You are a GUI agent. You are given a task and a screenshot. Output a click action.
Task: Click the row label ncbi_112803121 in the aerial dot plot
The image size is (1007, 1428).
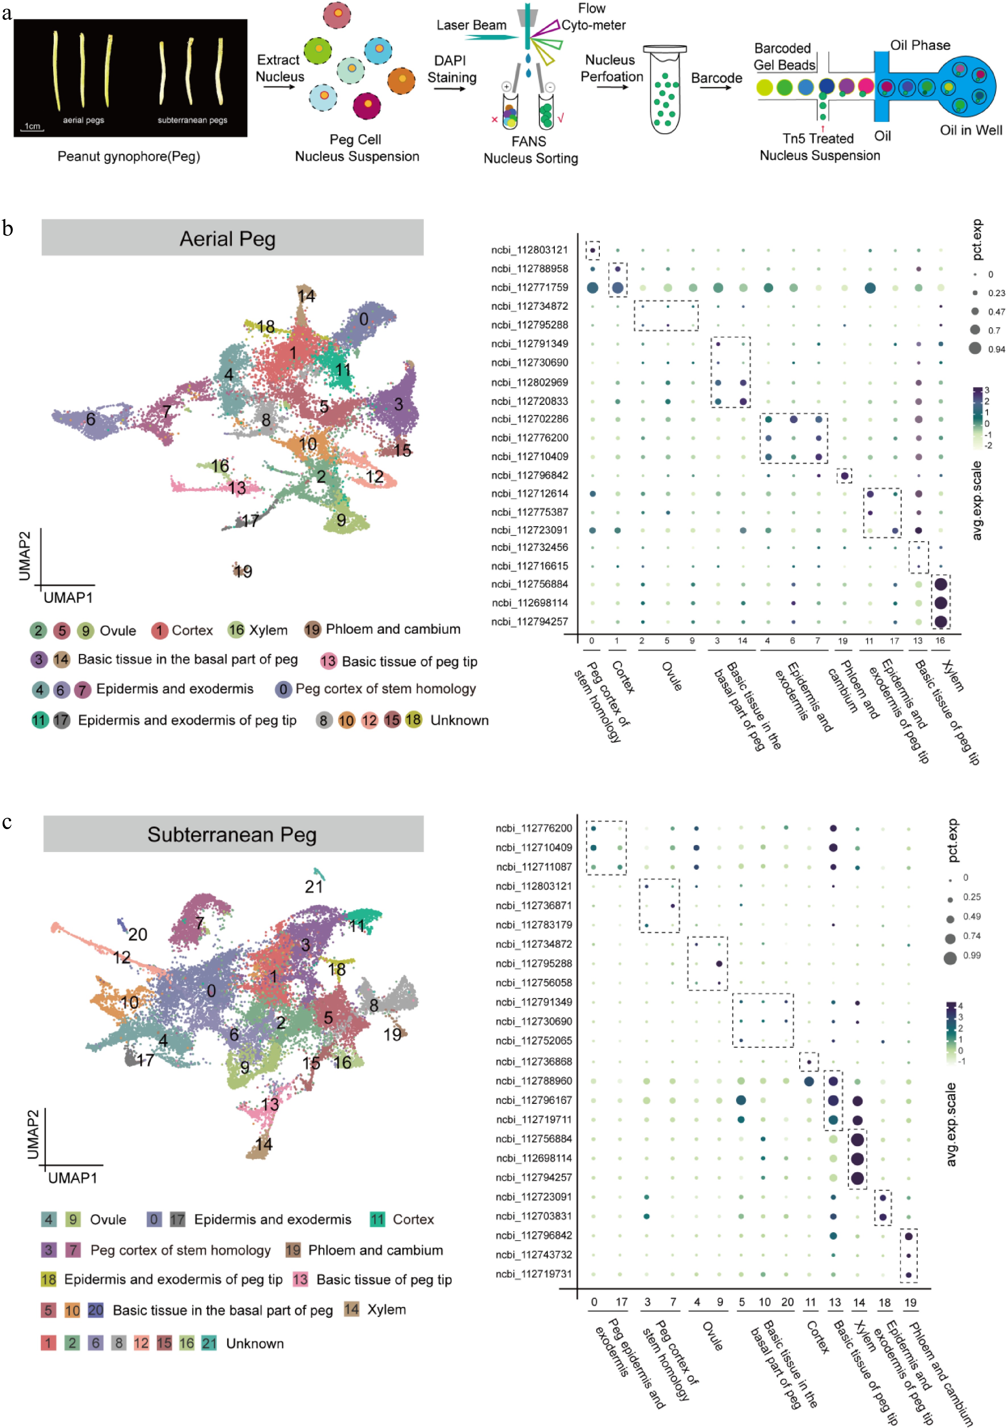(x=529, y=250)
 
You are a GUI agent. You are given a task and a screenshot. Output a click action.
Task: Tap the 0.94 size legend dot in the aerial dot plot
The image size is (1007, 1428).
(x=975, y=348)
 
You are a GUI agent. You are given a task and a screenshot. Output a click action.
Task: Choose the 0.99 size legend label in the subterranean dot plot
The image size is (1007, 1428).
(x=971, y=955)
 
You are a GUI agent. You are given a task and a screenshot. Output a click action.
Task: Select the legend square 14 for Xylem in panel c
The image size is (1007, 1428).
(x=351, y=1309)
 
